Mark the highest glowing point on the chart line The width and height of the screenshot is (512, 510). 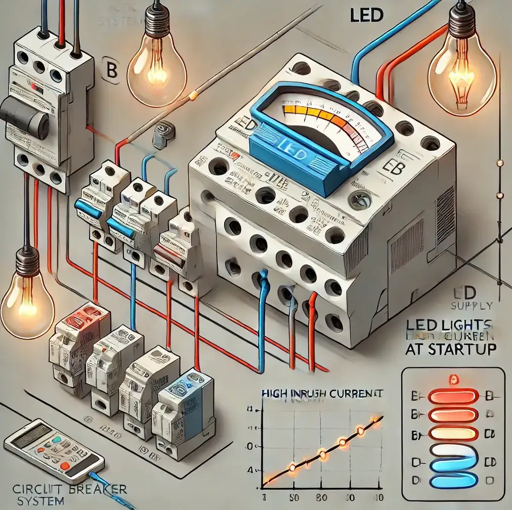[375, 419]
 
